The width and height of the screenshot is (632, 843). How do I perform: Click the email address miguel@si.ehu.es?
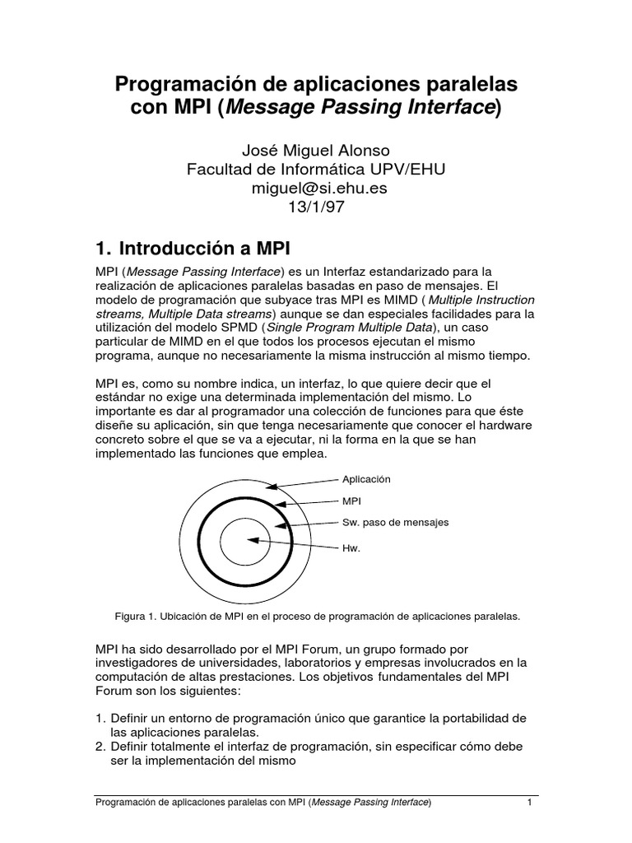tap(316, 188)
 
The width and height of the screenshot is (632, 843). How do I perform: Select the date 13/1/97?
tap(316, 207)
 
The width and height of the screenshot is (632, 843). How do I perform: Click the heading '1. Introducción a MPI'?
tap(193, 248)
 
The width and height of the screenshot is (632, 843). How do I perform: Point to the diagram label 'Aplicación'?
tap(366, 478)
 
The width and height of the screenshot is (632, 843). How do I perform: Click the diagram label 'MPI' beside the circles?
tap(351, 500)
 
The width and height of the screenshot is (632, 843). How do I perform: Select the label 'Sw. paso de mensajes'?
tap(395, 522)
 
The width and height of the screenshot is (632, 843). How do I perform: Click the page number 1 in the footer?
tap(531, 803)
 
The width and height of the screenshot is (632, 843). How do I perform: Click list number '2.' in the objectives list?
tap(101, 746)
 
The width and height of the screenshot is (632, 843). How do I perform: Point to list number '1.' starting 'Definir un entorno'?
tap(101, 719)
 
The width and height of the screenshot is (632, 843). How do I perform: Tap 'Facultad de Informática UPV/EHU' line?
tap(316, 169)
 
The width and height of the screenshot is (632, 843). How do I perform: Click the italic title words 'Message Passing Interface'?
tap(360, 107)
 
